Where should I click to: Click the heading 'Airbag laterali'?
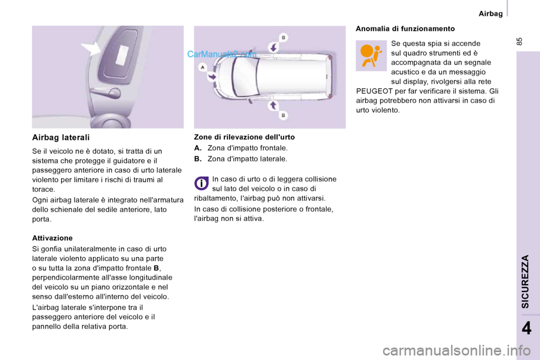(x=61, y=137)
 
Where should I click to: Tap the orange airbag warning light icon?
(x=371, y=56)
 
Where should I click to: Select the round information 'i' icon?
(x=201, y=183)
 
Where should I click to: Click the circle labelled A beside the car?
(x=202, y=67)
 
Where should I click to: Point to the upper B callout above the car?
(x=283, y=37)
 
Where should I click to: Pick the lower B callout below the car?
(x=283, y=115)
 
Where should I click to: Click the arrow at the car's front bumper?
(x=212, y=77)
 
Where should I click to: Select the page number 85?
(x=519, y=42)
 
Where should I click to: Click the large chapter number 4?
(x=526, y=328)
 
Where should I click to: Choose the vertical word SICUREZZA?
(x=525, y=281)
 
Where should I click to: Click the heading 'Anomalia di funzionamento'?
(x=405, y=29)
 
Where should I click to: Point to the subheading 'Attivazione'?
(x=52, y=238)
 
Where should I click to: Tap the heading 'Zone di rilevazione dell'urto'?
(x=244, y=137)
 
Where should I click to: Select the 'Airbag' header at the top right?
(x=490, y=13)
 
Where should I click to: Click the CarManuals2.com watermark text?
(x=222, y=54)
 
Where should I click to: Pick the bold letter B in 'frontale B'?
(x=156, y=268)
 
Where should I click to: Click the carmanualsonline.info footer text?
(x=457, y=351)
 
